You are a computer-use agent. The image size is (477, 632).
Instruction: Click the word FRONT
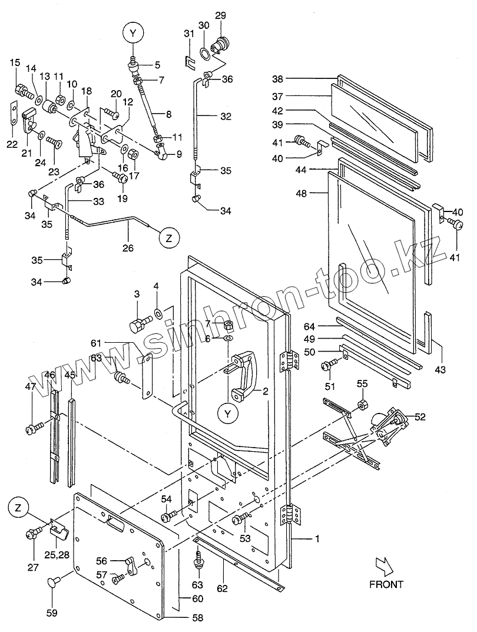click(x=386, y=584)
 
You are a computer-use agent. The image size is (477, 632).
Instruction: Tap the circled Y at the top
click(x=132, y=34)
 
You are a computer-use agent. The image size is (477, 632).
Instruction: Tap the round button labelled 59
click(x=52, y=584)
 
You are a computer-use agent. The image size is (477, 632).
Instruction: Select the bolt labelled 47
click(x=32, y=426)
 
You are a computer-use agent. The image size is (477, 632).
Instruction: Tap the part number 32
click(x=226, y=117)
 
